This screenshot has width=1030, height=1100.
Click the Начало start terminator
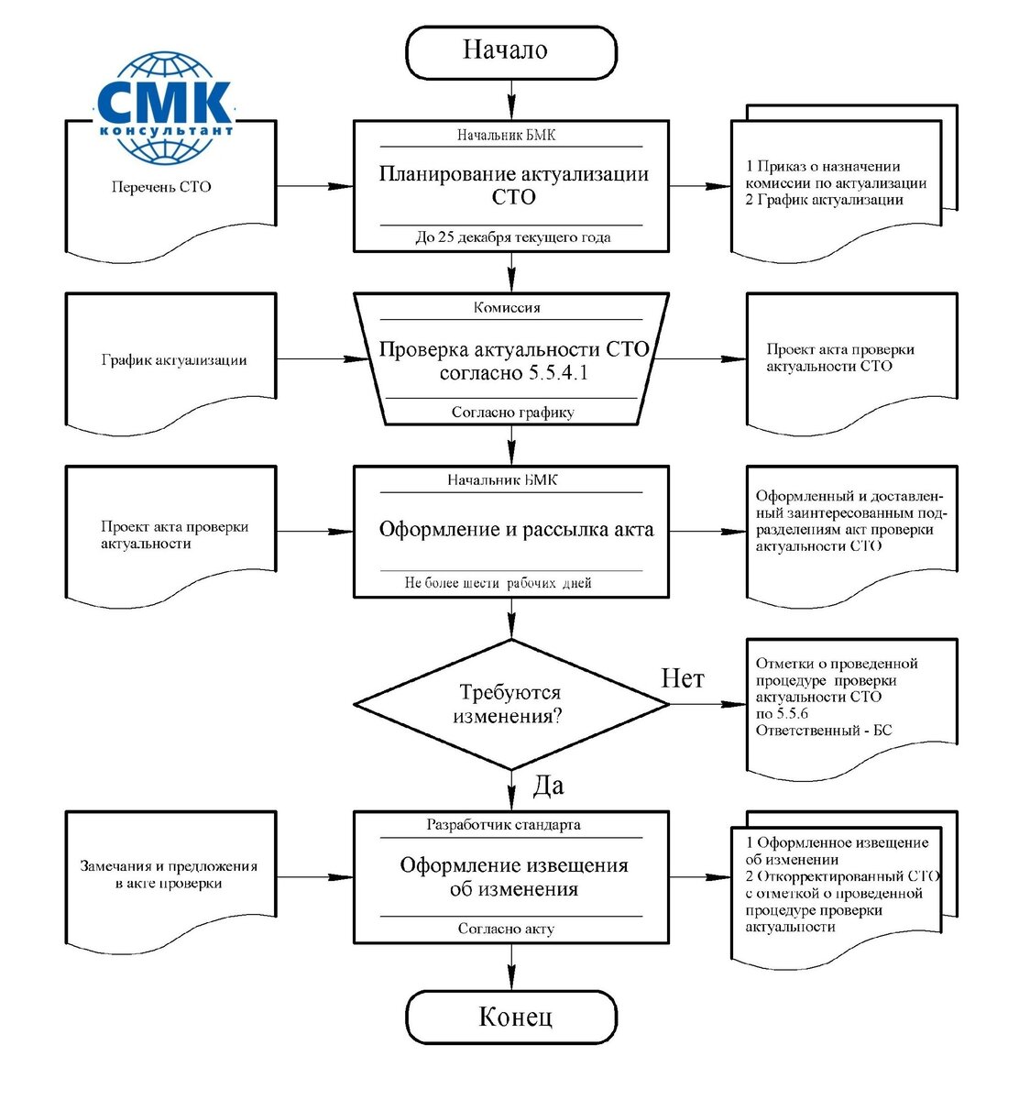pos(511,51)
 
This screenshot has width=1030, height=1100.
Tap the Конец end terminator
pos(511,1017)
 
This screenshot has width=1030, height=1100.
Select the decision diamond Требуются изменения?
pos(511,704)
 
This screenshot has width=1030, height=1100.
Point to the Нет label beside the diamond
pos(683,678)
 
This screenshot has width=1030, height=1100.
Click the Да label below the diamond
pos(548,786)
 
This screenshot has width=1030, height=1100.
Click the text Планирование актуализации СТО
pos(513,185)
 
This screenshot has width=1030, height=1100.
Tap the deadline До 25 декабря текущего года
pos(512,237)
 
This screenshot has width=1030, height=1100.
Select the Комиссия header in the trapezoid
pos(507,308)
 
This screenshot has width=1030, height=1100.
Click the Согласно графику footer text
pos(512,412)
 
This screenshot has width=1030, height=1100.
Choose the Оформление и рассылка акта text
pos(516,530)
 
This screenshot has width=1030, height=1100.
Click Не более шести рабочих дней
pos(498,583)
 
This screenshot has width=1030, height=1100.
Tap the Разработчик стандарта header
pos(503,825)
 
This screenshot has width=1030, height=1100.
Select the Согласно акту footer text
pos(506,929)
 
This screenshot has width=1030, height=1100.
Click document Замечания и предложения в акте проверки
pos(170,875)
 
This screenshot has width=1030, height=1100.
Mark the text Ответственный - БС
pos(823,731)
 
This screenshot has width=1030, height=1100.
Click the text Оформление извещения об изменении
pos(513,877)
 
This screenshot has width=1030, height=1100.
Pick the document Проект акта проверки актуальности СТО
pos(839,358)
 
